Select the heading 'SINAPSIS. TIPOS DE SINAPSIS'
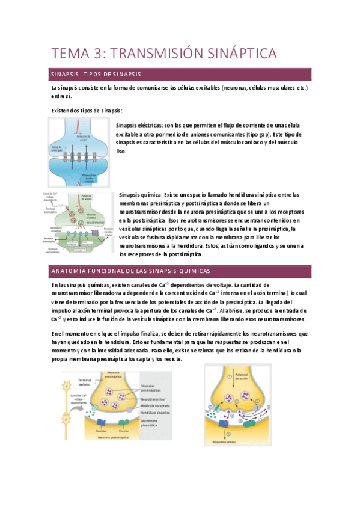(96, 74)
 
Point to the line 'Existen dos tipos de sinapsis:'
(87, 111)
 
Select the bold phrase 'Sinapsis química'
(139, 195)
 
